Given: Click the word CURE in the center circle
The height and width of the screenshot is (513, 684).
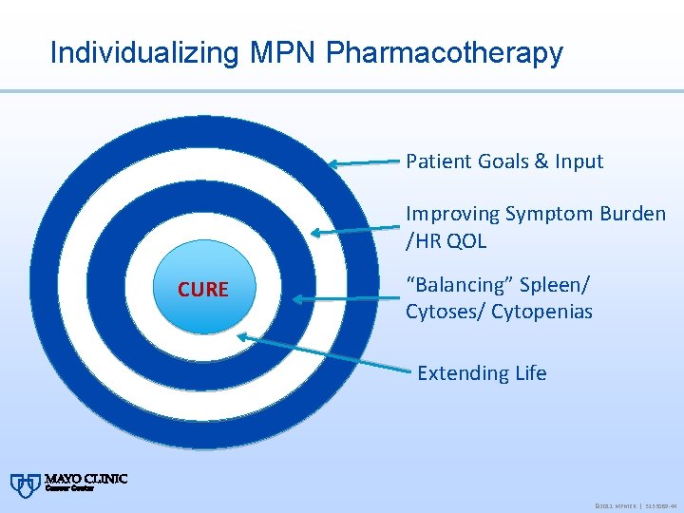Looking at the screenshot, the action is coord(202,290).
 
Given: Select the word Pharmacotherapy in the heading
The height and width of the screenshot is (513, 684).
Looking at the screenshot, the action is coord(445,53).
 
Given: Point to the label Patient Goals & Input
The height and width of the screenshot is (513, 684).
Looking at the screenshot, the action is coord(504,161).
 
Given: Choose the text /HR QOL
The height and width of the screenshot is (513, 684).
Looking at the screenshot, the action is coord(446,241).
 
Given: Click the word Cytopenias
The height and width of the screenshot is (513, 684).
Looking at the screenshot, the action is coord(542,312).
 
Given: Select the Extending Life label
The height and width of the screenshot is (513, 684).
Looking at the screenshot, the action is coord(482,373).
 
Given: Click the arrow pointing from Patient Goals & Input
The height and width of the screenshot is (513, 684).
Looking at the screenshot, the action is coord(366,162).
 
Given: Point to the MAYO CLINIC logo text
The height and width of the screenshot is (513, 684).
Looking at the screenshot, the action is coord(85,481).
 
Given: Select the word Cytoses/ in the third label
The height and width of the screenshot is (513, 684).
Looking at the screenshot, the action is coord(446,312).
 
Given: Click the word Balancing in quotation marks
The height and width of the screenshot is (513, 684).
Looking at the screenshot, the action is coord(447,285).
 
